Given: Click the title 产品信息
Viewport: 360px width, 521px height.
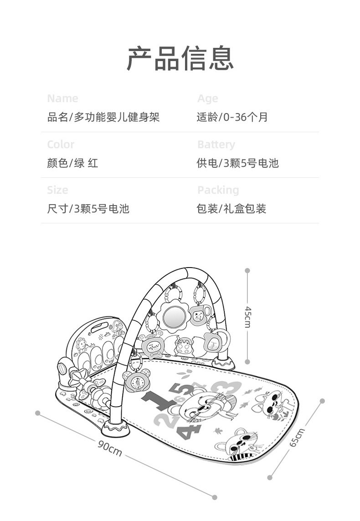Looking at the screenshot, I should click(180, 58).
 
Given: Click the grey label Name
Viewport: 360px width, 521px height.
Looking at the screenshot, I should click(62, 98).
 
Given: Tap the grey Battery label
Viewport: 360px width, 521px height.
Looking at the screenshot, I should click(216, 144).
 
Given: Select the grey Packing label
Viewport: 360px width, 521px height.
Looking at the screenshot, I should click(218, 190).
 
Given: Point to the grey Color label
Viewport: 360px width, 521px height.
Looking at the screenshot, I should click(61, 144).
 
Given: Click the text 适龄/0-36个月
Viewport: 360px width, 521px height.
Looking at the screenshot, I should click(232, 117).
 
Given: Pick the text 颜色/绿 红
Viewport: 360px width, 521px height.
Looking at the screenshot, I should click(72, 163).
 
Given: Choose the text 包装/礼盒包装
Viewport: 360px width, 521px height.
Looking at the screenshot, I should click(231, 209).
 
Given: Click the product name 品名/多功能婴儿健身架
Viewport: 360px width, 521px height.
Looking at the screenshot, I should click(103, 117).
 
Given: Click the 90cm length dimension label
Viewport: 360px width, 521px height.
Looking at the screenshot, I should click(110, 449).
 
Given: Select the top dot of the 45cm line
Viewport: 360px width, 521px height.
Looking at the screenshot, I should click(247, 270).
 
